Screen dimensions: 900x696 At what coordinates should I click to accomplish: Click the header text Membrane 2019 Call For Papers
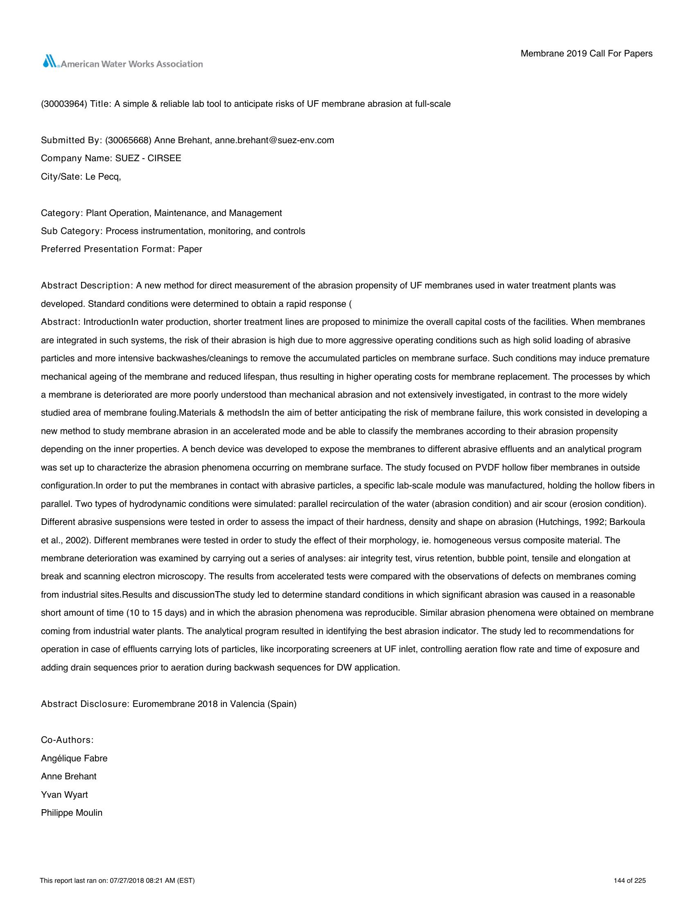[586, 54]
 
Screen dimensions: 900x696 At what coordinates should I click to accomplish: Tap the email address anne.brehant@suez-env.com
[274, 140]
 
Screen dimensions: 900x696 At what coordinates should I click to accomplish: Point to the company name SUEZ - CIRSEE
[148, 158]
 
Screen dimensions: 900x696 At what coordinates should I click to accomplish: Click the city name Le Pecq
[103, 177]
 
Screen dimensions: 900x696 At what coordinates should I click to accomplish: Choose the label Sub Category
[71, 231]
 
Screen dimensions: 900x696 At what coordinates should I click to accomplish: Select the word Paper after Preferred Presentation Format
[190, 249]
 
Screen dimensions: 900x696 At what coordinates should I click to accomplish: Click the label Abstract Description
[86, 286]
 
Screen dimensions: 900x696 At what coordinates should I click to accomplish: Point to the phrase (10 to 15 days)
[156, 613]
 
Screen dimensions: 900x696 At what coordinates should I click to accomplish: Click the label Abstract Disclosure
[85, 704]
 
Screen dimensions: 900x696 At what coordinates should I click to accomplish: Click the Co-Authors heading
[67, 740]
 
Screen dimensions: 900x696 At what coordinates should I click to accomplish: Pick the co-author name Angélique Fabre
[74, 758]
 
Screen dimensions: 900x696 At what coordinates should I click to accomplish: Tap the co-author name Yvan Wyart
[64, 794]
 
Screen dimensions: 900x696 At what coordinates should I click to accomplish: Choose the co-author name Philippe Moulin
[72, 812]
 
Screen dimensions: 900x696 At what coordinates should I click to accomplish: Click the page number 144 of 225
[630, 881]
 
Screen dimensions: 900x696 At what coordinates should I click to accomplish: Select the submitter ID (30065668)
[129, 140]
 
